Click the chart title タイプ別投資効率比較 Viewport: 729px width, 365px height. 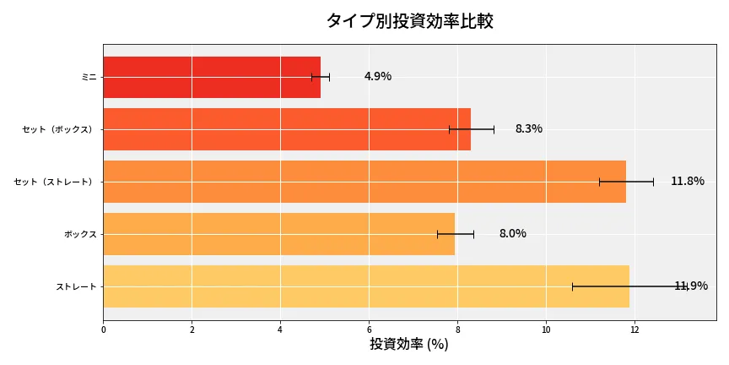pos(409,21)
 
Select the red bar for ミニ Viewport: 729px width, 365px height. pos(212,77)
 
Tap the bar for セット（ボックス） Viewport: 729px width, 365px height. pos(287,129)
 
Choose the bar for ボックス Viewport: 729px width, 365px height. pos(278,234)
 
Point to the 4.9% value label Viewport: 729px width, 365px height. pos(378,77)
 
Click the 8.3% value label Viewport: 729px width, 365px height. pos(529,129)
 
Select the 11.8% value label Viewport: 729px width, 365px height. pos(688,182)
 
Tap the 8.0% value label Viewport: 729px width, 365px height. pos(513,234)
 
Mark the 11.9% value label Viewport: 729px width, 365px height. pos(692,286)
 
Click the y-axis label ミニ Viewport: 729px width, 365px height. pos(89,77)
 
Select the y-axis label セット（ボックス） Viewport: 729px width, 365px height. pos(59,129)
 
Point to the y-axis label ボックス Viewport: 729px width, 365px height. pos(80,234)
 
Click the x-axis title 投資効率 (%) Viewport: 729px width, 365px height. pos(409,345)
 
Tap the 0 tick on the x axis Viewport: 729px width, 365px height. pos(103,330)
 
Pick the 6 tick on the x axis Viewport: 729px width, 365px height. pos(369,330)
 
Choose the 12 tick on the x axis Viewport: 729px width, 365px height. pos(634,330)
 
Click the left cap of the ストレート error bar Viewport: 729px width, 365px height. pos(572,286)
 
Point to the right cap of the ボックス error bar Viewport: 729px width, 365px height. pos(473,234)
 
